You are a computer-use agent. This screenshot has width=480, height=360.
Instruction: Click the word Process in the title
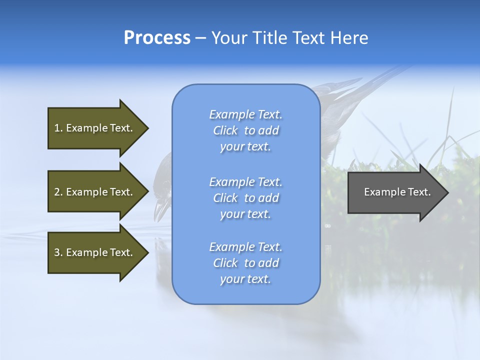(x=157, y=38)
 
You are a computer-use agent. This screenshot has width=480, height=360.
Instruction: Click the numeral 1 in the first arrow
(x=56, y=128)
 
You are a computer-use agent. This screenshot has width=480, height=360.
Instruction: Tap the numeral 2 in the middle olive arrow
(x=57, y=192)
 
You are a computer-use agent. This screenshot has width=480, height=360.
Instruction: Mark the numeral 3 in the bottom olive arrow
(x=57, y=252)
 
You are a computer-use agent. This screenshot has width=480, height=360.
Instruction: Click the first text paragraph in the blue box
(x=245, y=130)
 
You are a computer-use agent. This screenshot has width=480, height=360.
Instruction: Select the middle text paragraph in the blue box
(x=245, y=198)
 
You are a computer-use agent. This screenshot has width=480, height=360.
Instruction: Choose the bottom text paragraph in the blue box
(x=245, y=263)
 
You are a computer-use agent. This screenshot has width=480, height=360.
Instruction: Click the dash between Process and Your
(x=200, y=38)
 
